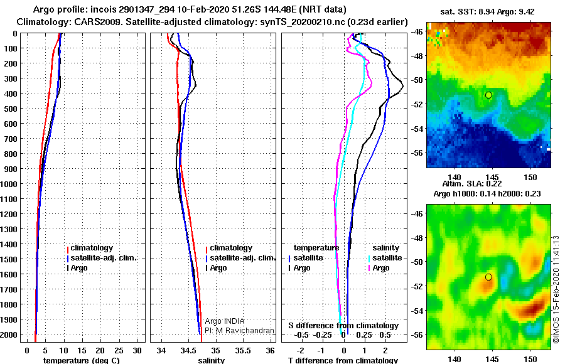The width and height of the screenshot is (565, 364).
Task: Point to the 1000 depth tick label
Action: click(9, 184)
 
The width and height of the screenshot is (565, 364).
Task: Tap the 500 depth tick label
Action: click(11, 109)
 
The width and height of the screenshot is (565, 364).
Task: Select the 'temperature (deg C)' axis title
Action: click(82, 360)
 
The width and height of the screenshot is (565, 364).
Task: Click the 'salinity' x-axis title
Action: click(211, 360)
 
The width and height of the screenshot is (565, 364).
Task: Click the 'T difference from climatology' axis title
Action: click(343, 360)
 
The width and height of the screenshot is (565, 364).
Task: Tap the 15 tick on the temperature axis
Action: click(82, 350)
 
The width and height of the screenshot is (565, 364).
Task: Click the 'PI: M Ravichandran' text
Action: click(239, 331)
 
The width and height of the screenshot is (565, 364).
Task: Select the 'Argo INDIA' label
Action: click(225, 321)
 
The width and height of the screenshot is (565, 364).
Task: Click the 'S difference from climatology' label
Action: click(343, 326)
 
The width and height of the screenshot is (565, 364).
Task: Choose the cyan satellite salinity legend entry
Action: click(384, 258)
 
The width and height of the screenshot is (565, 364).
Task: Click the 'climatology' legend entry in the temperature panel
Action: click(90, 248)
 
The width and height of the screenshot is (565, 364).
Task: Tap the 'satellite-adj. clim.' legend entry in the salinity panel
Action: click(240, 258)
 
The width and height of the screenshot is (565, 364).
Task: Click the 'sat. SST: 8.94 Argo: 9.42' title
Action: click(487, 12)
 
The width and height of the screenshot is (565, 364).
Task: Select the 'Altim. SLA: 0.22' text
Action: click(472, 183)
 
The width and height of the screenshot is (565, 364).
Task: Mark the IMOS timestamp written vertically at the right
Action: click(556, 289)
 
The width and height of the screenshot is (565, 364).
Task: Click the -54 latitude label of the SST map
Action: click(417, 129)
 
